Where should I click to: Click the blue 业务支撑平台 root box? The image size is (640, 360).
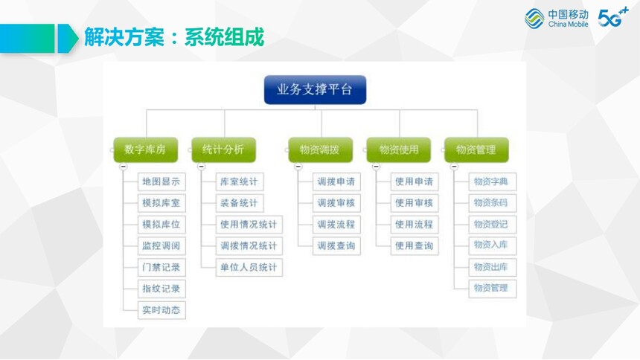(315, 90)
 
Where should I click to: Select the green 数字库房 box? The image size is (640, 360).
(145, 150)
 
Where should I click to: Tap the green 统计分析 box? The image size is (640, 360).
(224, 150)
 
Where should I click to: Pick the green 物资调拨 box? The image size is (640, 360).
(321, 150)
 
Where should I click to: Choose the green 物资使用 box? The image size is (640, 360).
(399, 150)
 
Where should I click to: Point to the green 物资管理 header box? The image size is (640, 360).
(477, 150)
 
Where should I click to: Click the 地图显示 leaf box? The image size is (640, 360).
(161, 181)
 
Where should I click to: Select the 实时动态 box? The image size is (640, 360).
(161, 310)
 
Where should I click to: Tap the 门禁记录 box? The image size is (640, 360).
(161, 267)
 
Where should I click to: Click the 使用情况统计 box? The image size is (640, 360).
(249, 225)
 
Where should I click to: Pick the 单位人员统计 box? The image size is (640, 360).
(249, 267)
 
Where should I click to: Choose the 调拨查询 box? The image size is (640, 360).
(336, 245)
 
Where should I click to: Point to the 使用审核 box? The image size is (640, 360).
(415, 203)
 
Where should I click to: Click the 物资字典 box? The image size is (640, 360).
(492, 181)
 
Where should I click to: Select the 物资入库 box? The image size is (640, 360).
(492, 245)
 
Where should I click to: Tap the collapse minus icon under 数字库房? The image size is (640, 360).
(124, 167)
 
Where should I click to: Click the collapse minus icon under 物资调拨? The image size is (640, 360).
(298, 167)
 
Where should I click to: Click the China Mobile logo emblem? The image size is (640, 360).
(534, 19)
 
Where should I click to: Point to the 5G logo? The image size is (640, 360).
(612, 17)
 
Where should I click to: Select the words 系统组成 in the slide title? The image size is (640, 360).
(225, 37)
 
